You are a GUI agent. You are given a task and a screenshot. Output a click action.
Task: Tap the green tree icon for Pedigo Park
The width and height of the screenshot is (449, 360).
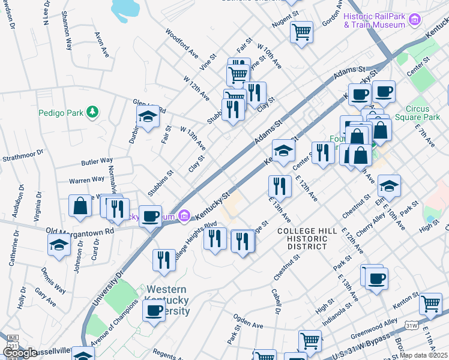(x=92, y=112)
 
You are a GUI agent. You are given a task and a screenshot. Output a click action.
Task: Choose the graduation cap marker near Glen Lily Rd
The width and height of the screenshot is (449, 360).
(x=147, y=118)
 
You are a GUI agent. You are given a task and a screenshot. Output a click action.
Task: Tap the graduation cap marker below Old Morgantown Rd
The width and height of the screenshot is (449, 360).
(x=59, y=244)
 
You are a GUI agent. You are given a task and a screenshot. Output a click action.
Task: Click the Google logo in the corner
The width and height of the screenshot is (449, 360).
(x=20, y=353)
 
